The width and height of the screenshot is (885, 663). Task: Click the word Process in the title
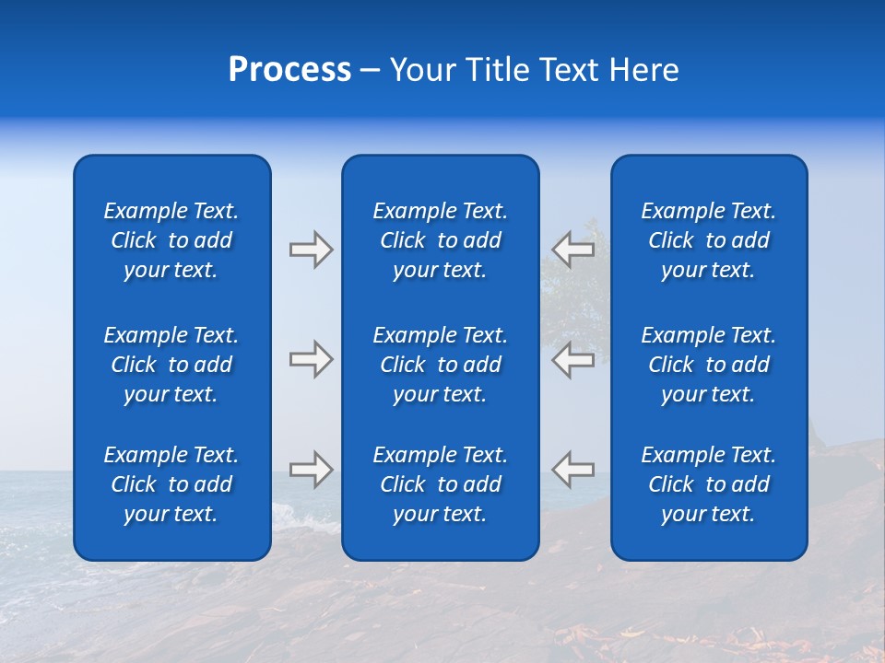click(289, 70)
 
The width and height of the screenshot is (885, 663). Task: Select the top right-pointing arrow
click(311, 250)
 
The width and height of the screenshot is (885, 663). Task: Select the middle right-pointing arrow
click(311, 359)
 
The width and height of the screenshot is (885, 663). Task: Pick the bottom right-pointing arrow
click(311, 470)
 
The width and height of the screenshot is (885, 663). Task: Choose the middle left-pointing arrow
click(572, 359)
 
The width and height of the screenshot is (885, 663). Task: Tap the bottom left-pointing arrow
click(572, 469)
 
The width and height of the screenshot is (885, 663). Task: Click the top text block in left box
click(171, 240)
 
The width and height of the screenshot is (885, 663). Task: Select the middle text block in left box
click(171, 365)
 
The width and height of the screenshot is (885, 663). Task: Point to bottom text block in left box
click(171, 484)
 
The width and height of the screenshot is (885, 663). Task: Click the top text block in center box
click(440, 240)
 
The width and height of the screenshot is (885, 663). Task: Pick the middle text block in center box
click(440, 365)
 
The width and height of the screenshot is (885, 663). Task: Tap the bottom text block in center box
click(440, 484)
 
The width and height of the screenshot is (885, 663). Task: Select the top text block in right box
click(708, 240)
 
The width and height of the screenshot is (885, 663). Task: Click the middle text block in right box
click(708, 365)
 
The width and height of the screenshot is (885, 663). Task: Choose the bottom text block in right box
click(708, 484)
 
